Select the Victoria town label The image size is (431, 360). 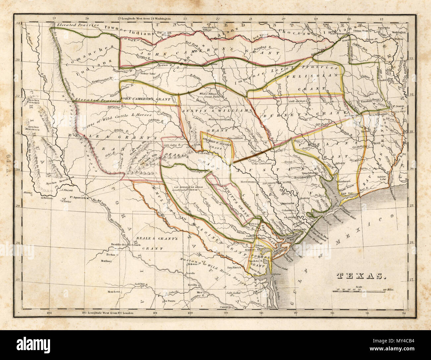tap(254, 223)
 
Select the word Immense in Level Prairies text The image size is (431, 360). tap(245, 84)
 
